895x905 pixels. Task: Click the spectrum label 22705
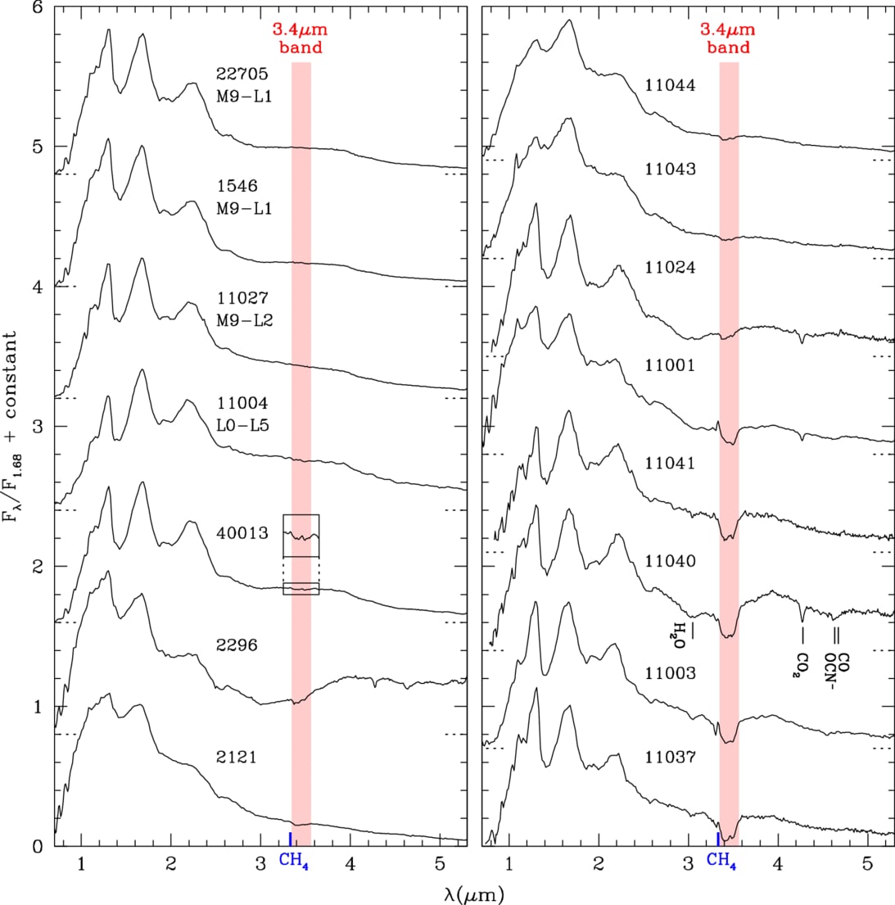pos(242,74)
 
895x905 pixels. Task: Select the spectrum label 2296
pos(237,645)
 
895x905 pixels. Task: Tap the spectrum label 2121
pos(237,757)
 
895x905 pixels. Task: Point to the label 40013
pos(242,532)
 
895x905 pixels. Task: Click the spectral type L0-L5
pos(243,425)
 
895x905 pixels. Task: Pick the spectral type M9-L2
pos(245,320)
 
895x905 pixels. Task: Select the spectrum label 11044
pos(670,85)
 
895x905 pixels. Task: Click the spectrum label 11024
pos(670,267)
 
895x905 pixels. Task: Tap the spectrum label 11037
pos(670,757)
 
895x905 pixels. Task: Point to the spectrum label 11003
pos(670,673)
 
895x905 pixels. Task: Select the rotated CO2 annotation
pos(802,665)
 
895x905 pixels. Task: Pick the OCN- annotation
pos(830,672)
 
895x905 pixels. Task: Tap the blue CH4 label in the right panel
pos(721,861)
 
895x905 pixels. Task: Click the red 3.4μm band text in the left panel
pos(301,38)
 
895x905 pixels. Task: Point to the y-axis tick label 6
pos(38,8)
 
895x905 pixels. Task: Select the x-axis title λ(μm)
pos(474,894)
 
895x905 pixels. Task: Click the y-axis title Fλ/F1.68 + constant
pos(13,427)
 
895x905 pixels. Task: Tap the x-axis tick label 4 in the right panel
pos(778,863)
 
